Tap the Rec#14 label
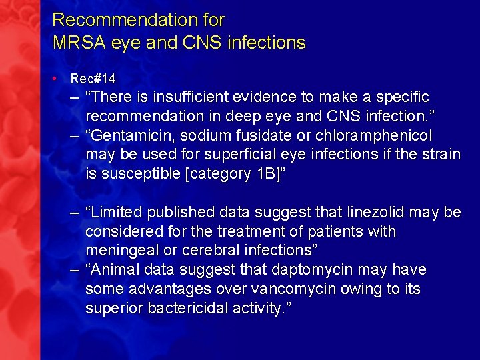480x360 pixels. tap(93, 79)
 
